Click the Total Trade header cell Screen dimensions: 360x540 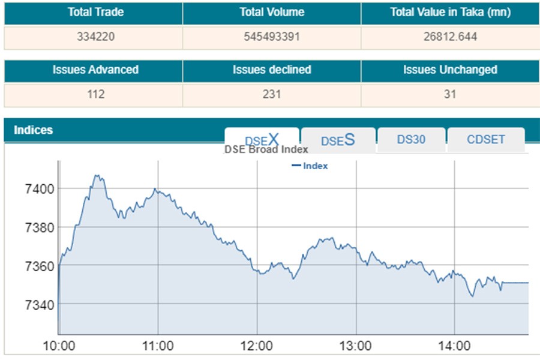click(96, 13)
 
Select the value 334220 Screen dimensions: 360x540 click(96, 37)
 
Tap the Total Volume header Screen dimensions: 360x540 click(272, 13)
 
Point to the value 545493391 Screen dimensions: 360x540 click(272, 37)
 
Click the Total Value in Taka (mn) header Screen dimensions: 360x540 click(450, 13)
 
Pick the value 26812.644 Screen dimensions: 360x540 click(450, 37)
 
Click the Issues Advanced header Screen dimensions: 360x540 click(95, 70)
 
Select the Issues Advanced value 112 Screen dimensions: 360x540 click(95, 95)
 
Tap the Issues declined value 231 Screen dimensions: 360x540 click(272, 95)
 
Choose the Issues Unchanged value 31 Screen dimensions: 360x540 click(450, 95)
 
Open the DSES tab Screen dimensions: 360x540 click(338, 140)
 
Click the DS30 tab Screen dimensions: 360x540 click(411, 140)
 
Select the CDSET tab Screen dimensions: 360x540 click(486, 140)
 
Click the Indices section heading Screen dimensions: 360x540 click(34, 130)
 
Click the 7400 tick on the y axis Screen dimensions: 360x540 click(38, 189)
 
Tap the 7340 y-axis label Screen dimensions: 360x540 click(38, 305)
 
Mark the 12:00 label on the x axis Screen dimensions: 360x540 click(257, 346)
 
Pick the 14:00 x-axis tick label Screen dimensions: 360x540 click(454, 346)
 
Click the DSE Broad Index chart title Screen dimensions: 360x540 click(266, 149)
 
